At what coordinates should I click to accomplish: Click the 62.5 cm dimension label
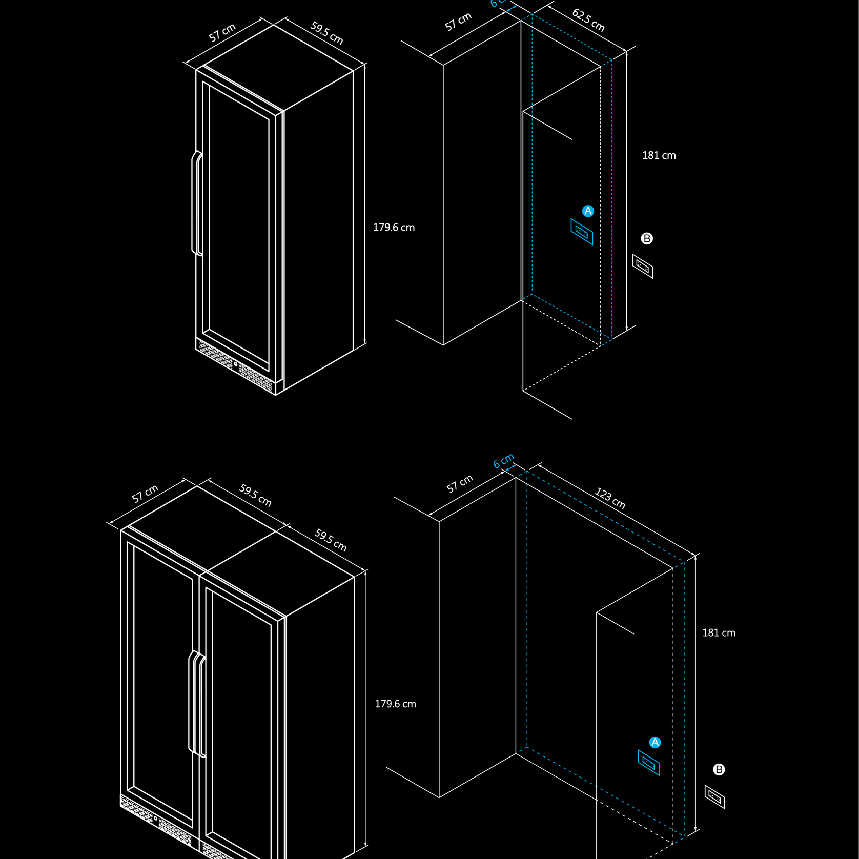pos(588,20)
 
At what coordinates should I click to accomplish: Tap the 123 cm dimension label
pos(610,498)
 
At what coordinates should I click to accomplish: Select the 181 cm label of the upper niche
pos(659,155)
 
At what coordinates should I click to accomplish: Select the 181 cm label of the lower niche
pos(719,633)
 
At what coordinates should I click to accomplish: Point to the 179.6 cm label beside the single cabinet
pos(394,228)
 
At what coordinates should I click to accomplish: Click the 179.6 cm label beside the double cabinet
pos(395,704)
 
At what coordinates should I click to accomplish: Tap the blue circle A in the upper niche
pos(588,211)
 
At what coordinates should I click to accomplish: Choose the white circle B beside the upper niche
pos(647,238)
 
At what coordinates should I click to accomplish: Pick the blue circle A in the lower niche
pos(655,742)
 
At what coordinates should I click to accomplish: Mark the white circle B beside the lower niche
pos(719,769)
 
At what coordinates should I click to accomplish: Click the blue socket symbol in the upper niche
pos(582,232)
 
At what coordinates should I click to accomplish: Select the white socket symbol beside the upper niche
pos(643,266)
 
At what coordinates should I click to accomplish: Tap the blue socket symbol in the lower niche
pos(649,763)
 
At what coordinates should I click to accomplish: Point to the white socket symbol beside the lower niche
pos(714,796)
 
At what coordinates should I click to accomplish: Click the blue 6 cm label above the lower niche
pos(503,461)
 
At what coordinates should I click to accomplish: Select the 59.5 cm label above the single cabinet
pos(326,33)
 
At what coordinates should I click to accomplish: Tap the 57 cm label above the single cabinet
pos(222,33)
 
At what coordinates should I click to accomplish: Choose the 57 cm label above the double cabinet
pos(145,494)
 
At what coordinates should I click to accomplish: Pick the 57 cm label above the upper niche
pos(458,22)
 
